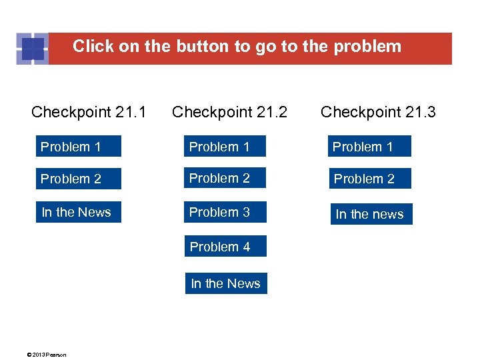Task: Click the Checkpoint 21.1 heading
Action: pos(89,112)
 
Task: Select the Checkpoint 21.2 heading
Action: pos(229,112)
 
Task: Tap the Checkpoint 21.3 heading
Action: pos(378,112)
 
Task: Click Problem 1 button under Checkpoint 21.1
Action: pos(79,147)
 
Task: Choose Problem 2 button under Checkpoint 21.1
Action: pos(79,179)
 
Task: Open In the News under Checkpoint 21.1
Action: pos(79,212)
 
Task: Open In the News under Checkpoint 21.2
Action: pos(227,283)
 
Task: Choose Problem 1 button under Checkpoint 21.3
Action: pos(369,147)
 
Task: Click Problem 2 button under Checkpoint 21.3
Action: pos(369,179)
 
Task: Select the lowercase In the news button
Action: pos(371,214)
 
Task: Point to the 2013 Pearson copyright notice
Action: pos(47,355)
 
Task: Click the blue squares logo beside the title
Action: pos(32,49)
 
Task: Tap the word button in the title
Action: pos(203,47)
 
